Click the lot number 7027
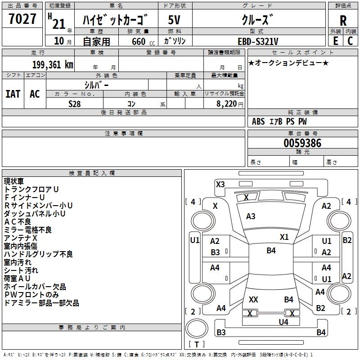point(23,20)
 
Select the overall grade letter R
point(343,20)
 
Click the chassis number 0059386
point(302,144)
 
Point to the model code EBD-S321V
point(258,41)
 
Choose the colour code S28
point(75,104)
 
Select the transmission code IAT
point(13,94)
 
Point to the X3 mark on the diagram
point(220,184)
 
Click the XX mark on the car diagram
point(253,299)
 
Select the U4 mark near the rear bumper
point(283,322)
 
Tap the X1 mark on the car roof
point(284,237)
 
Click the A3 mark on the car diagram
point(251,216)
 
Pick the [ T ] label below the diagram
point(196,345)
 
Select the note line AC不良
point(18,222)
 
